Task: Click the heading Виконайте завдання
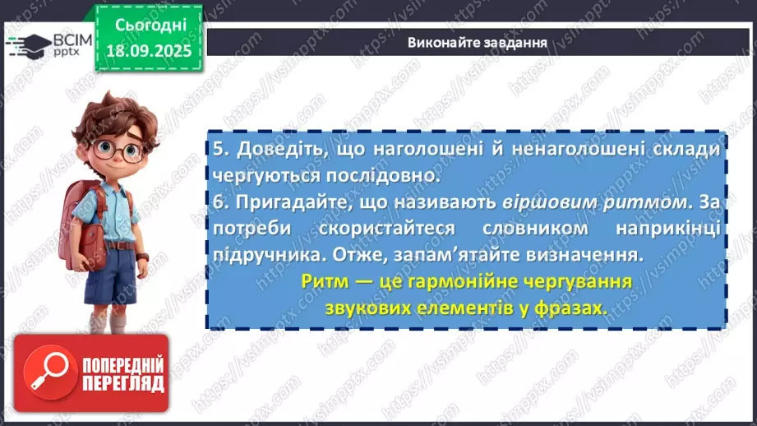pos(477,42)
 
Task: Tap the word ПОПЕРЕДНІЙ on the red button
pos(122,364)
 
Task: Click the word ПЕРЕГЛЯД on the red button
pos(122,384)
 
